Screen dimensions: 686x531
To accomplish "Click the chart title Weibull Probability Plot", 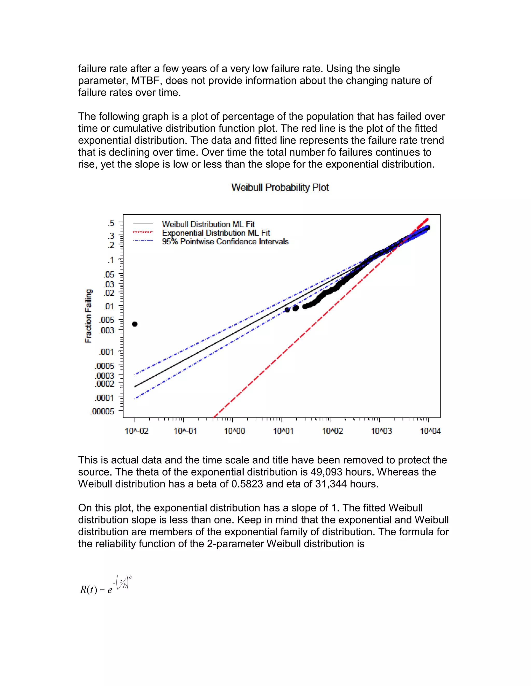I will click(x=280, y=187).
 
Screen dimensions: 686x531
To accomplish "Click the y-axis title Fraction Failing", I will click(x=88, y=316).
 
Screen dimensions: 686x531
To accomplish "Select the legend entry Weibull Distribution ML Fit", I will click(x=208, y=224).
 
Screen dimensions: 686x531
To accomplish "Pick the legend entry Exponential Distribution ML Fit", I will click(x=216, y=233).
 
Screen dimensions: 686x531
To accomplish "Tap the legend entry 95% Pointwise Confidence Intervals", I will click(x=225, y=242).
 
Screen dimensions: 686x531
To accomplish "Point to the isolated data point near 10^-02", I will click(x=135, y=324).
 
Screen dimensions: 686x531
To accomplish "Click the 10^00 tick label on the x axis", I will click(x=234, y=431).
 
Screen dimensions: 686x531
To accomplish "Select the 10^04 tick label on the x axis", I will click(x=430, y=431).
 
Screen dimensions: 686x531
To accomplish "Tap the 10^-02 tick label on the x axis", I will click(x=137, y=431).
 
